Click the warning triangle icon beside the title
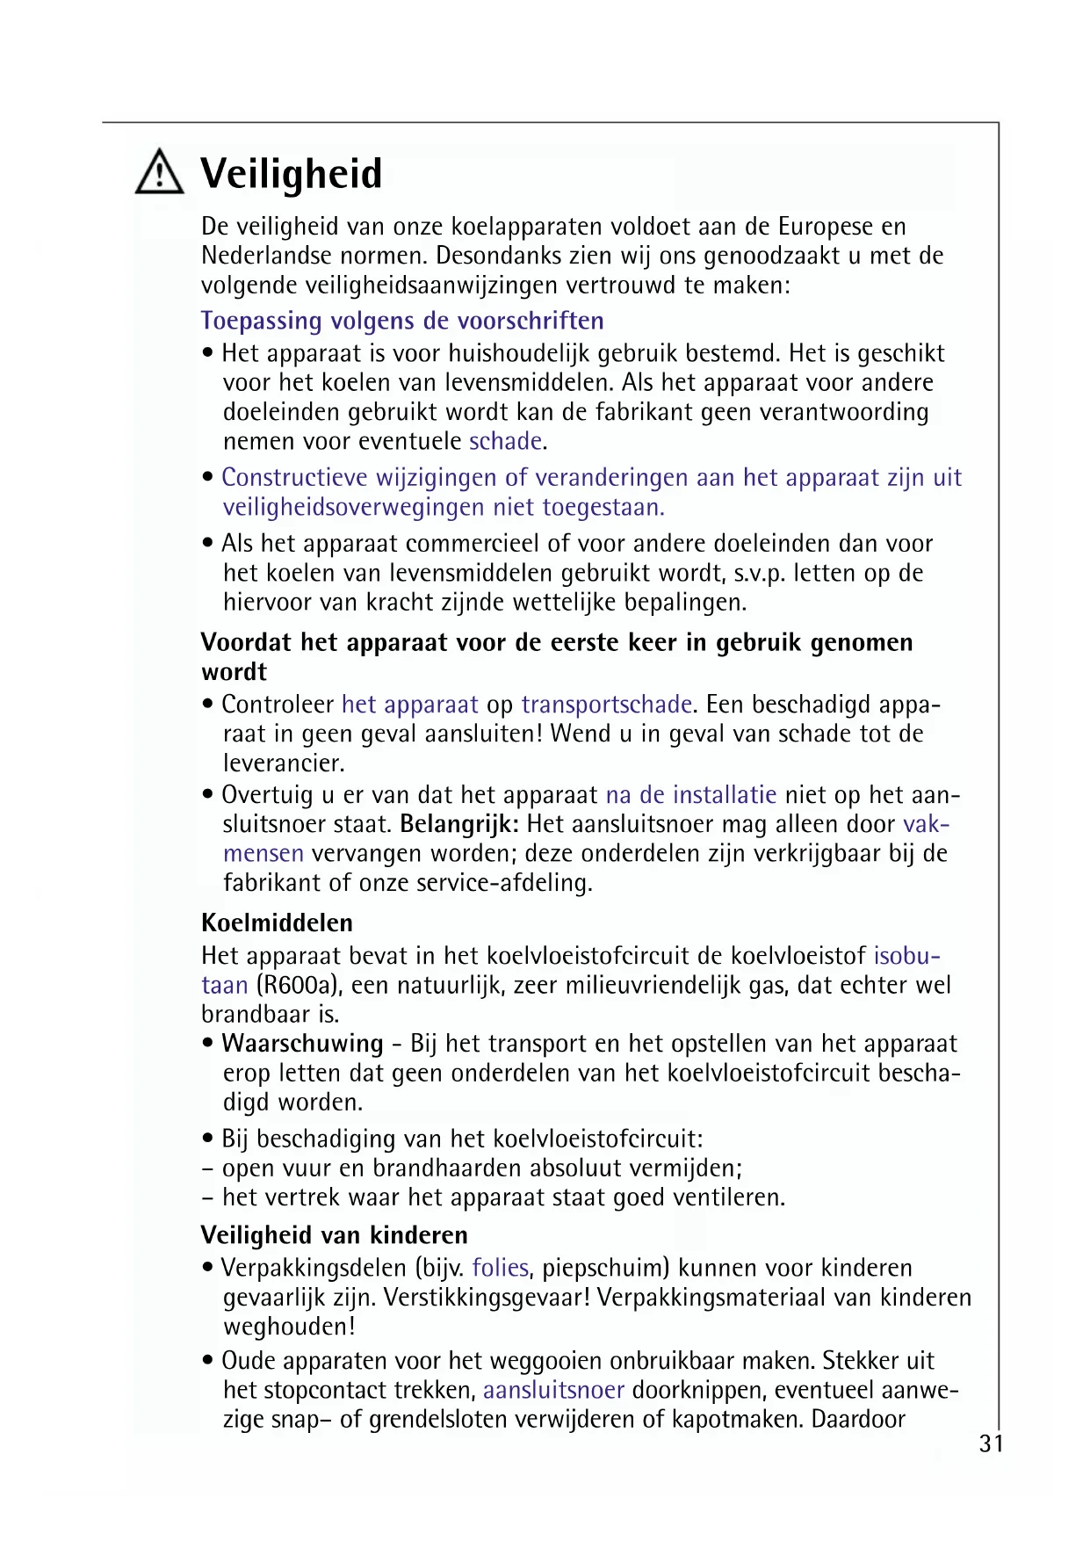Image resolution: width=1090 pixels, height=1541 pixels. (x=160, y=172)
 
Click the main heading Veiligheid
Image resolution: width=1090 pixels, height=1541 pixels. (x=292, y=174)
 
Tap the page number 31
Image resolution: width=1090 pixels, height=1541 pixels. (x=991, y=1443)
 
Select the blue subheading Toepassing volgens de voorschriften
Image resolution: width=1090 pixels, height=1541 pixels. (x=402, y=321)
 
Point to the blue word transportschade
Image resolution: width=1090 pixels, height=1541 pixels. (x=607, y=705)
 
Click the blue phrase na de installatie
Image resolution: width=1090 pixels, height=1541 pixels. (x=691, y=795)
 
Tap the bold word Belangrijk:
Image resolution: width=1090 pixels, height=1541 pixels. (x=459, y=824)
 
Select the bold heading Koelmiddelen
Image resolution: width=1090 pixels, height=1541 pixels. (x=278, y=922)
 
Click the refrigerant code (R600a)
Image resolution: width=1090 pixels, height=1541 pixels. (x=299, y=985)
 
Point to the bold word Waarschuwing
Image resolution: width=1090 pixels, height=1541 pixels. (x=302, y=1044)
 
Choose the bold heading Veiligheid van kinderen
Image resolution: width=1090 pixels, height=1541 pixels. (x=335, y=1235)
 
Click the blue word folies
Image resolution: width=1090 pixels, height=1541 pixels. (x=501, y=1268)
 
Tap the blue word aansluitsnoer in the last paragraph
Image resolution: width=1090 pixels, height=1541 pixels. (x=553, y=1390)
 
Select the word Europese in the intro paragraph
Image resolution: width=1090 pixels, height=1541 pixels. (x=826, y=227)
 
